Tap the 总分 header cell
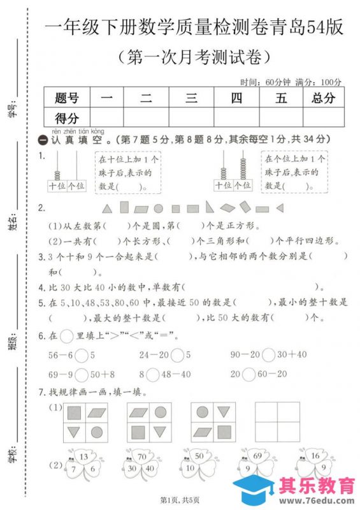324,98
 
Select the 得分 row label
67,118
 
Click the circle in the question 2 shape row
159,208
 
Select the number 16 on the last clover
316,456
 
